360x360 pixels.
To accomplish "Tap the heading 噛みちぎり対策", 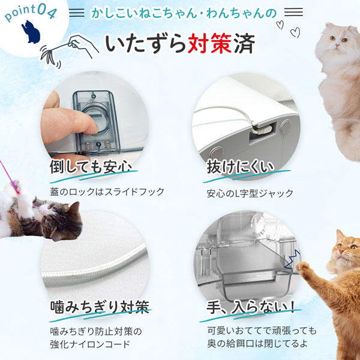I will click(x=99, y=308).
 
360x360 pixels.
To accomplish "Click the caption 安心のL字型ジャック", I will click(x=249, y=193).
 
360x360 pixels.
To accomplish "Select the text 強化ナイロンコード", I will click(x=90, y=344).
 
